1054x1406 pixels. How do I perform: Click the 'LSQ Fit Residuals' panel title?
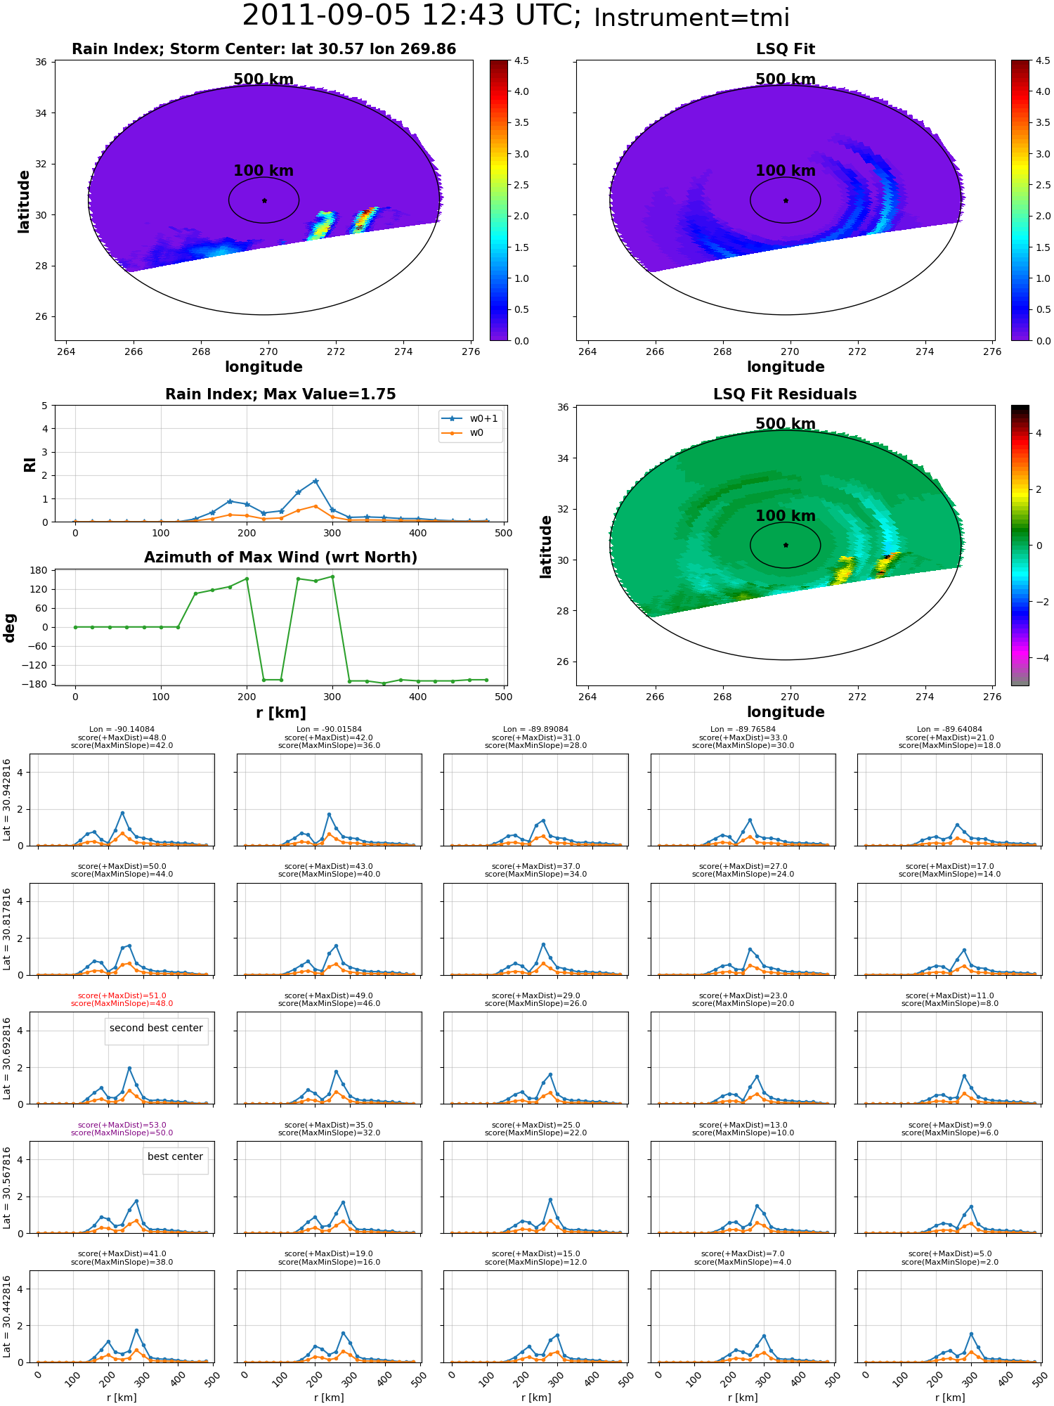click(x=785, y=394)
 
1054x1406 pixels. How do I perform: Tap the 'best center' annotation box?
click(x=175, y=1157)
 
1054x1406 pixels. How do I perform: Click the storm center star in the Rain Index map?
click(x=264, y=200)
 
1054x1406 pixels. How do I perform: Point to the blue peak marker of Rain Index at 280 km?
click(x=315, y=481)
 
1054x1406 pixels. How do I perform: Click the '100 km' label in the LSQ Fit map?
click(x=785, y=171)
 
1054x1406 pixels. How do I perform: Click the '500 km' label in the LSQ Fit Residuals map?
click(x=785, y=424)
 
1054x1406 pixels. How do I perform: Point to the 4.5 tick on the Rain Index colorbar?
click(x=521, y=60)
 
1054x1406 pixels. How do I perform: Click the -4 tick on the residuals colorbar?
click(x=1039, y=658)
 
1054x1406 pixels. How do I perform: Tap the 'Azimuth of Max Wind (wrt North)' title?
click(x=280, y=557)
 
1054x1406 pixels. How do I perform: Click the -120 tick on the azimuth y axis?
click(x=35, y=665)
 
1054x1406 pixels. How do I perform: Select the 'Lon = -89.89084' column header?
click(x=535, y=730)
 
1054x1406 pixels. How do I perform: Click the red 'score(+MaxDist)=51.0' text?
click(x=122, y=996)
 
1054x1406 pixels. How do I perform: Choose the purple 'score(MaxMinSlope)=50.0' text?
click(x=122, y=1133)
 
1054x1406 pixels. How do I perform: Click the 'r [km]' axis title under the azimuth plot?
click(x=280, y=713)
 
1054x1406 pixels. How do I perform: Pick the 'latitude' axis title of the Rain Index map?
click(x=24, y=201)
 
